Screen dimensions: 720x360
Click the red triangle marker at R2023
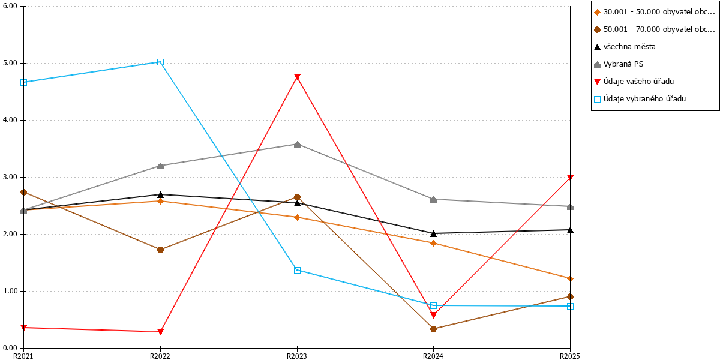tap(298, 77)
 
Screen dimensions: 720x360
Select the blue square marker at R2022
tap(160, 62)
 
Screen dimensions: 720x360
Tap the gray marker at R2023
tap(298, 145)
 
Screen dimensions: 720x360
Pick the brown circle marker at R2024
tap(433, 329)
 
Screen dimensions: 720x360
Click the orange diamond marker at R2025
tap(570, 278)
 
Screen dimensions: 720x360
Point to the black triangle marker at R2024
tap(433, 233)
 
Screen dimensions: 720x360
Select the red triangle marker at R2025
tap(570, 178)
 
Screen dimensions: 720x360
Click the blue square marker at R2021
tap(23, 82)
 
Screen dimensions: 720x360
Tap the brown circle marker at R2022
tap(160, 250)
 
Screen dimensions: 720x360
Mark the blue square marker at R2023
tap(298, 270)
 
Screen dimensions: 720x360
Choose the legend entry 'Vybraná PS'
tap(619, 64)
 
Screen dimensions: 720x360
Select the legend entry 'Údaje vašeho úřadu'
tap(634, 82)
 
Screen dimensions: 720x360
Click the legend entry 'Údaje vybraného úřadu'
tap(640, 99)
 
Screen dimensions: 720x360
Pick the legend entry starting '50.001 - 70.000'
tap(654, 29)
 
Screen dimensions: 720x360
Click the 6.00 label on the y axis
tap(10, 6)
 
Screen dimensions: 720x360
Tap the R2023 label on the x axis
tap(296, 356)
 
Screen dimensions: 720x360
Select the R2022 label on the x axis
tap(160, 356)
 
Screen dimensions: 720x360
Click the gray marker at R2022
tap(160, 166)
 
